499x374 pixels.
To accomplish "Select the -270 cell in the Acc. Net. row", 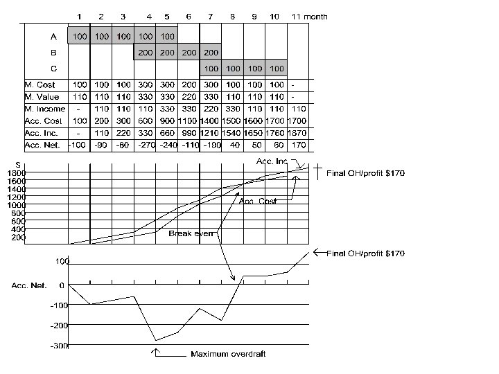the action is click(x=144, y=145).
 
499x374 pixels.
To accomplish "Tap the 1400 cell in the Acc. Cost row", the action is click(x=211, y=121).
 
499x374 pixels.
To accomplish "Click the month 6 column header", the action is click(x=188, y=16).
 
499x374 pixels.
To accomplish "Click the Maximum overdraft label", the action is click(x=228, y=354).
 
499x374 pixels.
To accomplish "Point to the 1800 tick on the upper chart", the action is click(x=17, y=172).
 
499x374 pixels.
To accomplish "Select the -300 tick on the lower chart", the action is click(x=60, y=345).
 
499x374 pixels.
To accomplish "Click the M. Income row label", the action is click(x=44, y=109).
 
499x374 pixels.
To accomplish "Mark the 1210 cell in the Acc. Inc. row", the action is click(x=211, y=133).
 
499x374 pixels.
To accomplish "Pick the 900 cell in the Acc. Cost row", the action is click(x=166, y=121).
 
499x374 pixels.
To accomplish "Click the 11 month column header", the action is click(x=309, y=16).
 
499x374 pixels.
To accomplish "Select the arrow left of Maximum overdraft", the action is click(x=156, y=353).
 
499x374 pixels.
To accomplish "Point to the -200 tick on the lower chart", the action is click(x=60, y=325).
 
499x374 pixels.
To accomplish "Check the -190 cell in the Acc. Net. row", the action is click(x=211, y=145).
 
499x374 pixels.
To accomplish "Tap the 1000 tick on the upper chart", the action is click(x=17, y=204).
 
